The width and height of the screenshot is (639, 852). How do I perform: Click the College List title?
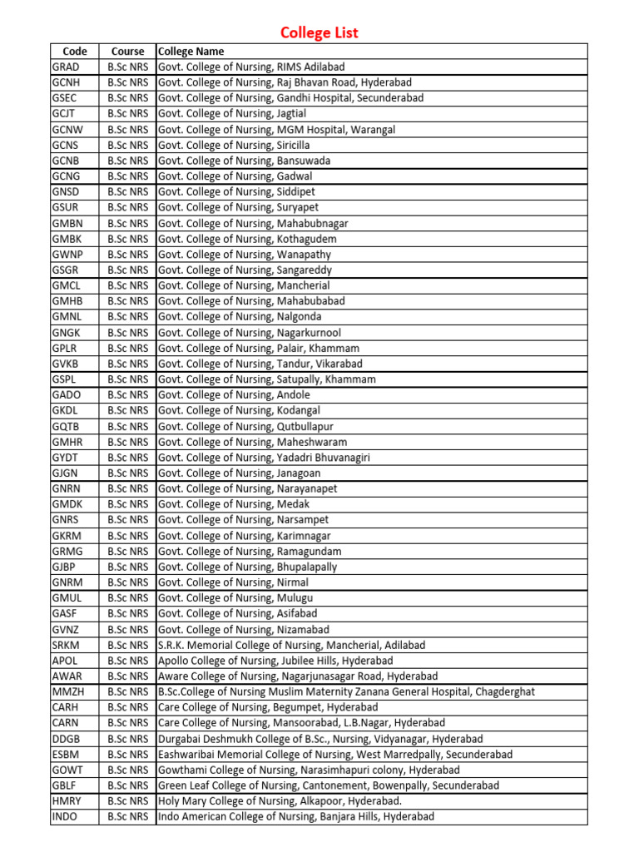point(319,33)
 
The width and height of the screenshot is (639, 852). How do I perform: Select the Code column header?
point(75,52)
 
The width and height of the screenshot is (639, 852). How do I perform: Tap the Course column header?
point(127,52)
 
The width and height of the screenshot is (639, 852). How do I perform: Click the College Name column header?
point(191,52)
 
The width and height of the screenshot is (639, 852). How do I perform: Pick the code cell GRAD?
point(66,67)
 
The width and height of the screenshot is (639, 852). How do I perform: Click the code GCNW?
point(67,130)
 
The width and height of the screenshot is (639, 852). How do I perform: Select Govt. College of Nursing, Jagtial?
point(240,113)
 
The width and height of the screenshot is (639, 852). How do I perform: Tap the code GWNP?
point(67,255)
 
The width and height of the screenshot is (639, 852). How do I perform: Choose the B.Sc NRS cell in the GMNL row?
point(127,317)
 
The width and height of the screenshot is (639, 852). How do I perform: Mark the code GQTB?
point(67,427)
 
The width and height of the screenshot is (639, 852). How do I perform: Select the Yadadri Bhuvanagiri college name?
point(265,458)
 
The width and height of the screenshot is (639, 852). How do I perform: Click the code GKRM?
point(67,536)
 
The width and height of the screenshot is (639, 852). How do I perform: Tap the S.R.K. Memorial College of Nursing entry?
point(291,646)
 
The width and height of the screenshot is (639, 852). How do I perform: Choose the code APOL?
point(65,661)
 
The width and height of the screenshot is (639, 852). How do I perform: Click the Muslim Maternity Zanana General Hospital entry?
point(346,692)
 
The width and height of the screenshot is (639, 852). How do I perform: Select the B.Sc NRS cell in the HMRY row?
point(127,801)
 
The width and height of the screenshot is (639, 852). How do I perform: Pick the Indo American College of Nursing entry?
point(296,817)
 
